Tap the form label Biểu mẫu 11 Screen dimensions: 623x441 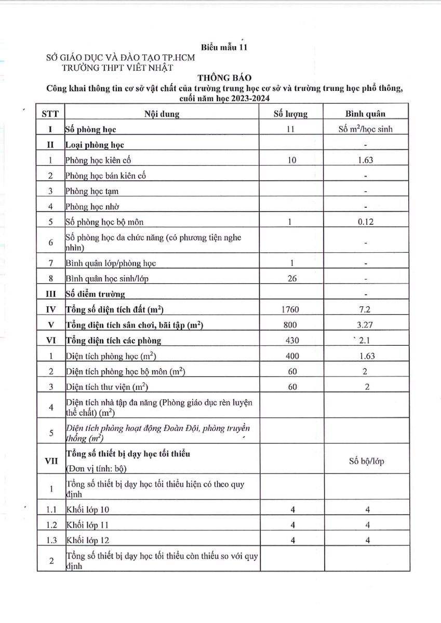tap(224, 48)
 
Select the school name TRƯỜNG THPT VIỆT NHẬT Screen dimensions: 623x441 tap(117, 67)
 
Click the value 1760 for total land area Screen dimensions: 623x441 tap(291, 310)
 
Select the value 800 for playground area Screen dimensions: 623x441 tap(291, 326)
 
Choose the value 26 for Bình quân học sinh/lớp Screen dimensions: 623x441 tap(291, 278)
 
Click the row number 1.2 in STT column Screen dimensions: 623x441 tap(51, 524)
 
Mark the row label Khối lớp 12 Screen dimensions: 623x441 tap(88, 540)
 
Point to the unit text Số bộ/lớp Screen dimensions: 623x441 tap(367, 462)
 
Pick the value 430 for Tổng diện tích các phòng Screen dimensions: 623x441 tap(291, 341)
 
